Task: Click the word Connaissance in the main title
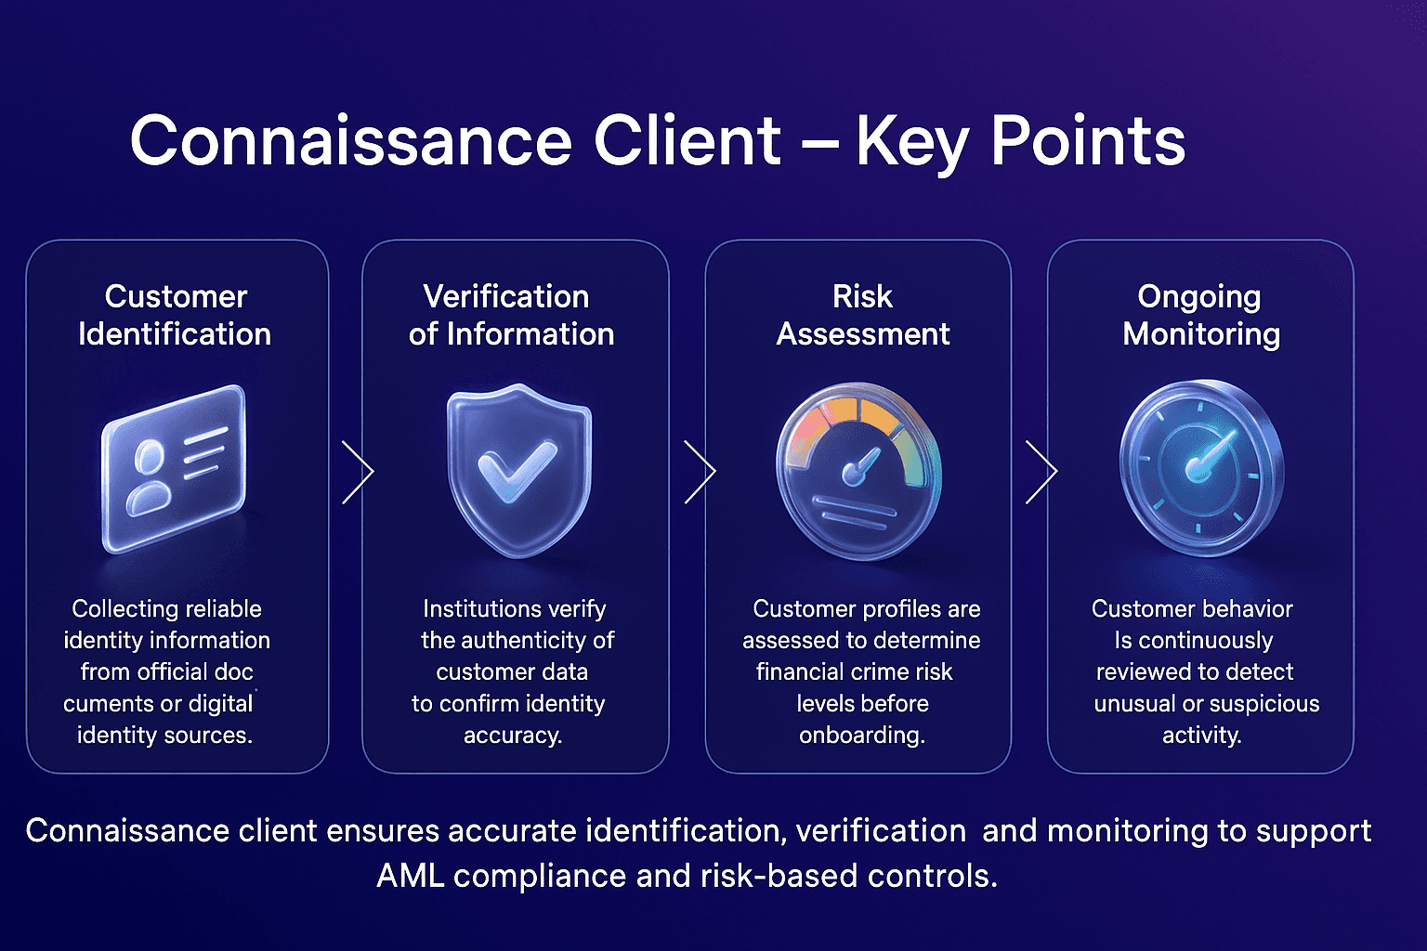tap(351, 141)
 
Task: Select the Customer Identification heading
tap(175, 315)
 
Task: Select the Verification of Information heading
tap(511, 315)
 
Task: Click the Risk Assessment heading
tap(862, 315)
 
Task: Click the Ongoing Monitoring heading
tap(1200, 315)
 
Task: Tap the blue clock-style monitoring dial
tap(1200, 467)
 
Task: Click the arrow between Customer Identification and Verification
tap(358, 472)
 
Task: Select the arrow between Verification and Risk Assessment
tap(700, 472)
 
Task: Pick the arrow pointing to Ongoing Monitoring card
tap(1041, 472)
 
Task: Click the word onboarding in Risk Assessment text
tap(861, 735)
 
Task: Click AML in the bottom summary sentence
tap(410, 875)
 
